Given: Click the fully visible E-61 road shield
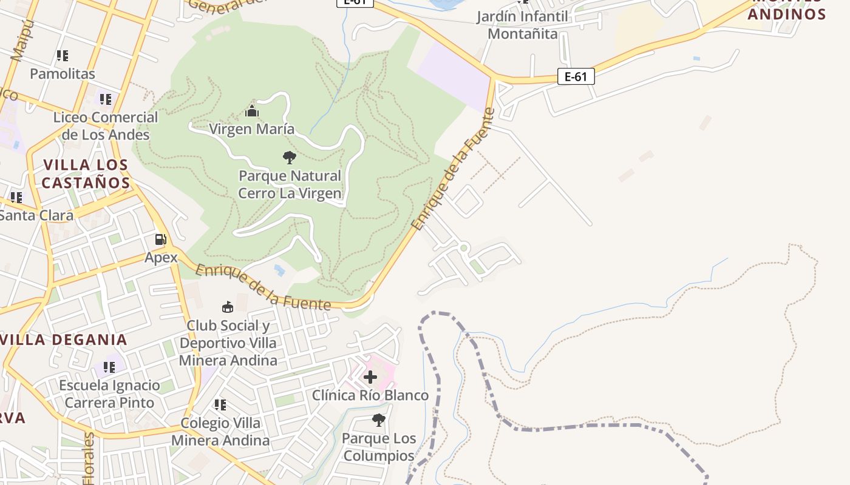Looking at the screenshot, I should tap(576, 76).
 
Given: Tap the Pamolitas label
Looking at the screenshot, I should tap(63, 74).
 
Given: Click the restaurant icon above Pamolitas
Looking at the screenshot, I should tap(63, 56).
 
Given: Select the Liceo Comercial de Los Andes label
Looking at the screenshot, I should tap(106, 125).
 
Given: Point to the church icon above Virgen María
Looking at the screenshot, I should tap(252, 111).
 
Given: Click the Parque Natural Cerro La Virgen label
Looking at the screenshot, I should tap(290, 184).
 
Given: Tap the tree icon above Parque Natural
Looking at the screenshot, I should tap(290, 158).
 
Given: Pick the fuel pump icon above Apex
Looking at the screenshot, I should tap(160, 239).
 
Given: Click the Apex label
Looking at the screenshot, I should tap(161, 258).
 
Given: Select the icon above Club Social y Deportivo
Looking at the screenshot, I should tap(228, 307).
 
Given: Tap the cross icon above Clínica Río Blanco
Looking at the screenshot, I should tap(370, 377).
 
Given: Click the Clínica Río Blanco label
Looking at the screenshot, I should tap(370, 395).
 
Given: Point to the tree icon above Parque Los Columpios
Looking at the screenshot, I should tap(379, 420).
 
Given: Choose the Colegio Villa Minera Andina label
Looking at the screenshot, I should tap(220, 432).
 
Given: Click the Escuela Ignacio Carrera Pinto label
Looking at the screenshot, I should tap(109, 394).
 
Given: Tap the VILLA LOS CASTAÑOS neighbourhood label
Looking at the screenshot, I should tap(86, 173).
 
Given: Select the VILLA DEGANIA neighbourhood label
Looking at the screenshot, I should tap(64, 339).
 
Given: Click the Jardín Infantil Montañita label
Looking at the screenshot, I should tap(522, 25).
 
